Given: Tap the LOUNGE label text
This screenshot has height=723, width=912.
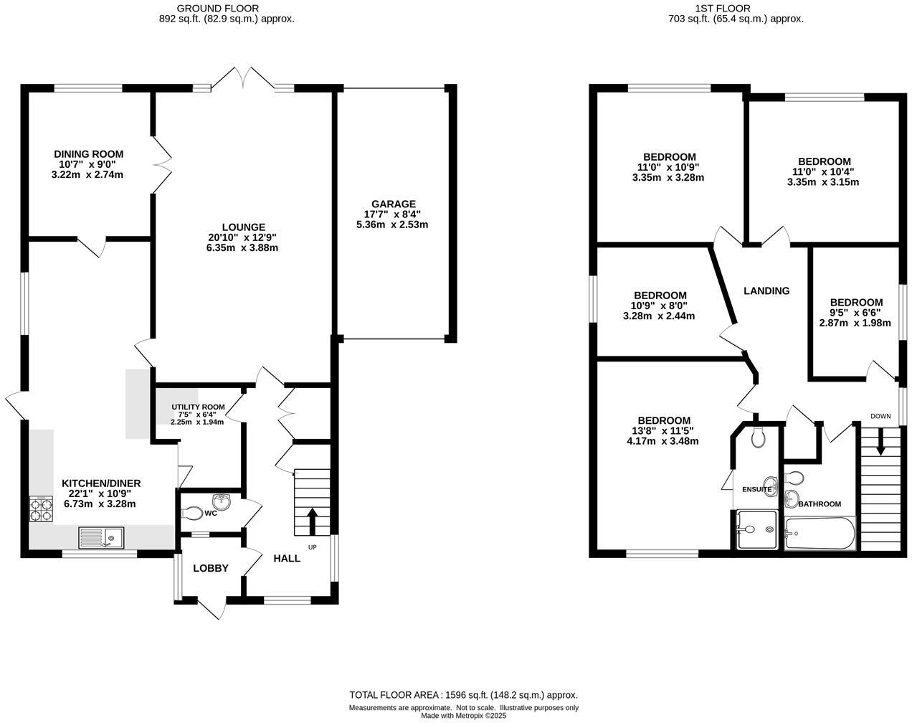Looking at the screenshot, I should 243,227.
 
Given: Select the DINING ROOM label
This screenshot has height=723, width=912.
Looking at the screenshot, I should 89,153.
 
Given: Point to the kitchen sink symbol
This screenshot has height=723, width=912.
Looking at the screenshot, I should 101,537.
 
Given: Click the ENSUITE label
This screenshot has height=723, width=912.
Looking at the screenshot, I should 756,490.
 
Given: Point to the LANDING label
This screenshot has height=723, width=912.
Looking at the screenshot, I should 766,290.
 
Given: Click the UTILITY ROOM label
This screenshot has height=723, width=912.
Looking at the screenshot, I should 197,407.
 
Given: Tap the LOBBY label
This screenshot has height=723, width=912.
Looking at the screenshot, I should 211,568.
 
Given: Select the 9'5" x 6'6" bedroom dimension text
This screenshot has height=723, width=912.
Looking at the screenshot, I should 855,313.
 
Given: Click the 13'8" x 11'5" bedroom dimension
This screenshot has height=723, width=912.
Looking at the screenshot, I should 665,431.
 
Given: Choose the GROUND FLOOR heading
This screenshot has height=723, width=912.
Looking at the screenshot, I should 227,9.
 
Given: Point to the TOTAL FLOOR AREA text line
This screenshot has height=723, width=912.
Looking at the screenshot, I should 463,694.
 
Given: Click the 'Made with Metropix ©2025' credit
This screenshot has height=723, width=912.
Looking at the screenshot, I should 463,715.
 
